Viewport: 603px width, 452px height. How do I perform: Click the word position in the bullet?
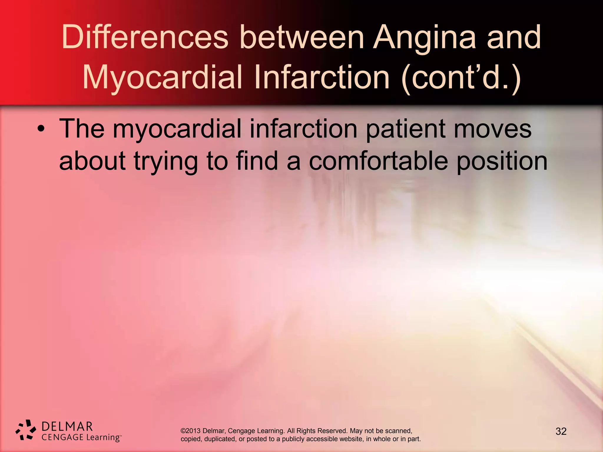click(x=502, y=162)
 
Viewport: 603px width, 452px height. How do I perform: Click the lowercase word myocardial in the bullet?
click(x=177, y=129)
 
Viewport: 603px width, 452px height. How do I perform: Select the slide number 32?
click(x=561, y=431)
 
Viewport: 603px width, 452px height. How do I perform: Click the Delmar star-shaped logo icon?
click(x=26, y=430)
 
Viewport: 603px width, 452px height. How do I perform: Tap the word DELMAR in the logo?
click(x=67, y=426)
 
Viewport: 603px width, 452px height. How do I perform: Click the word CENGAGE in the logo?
click(x=62, y=437)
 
